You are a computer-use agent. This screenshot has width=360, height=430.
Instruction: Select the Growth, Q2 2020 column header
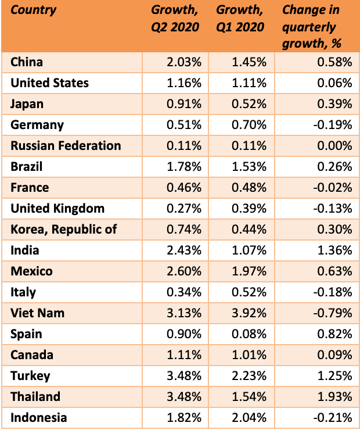[x=175, y=19]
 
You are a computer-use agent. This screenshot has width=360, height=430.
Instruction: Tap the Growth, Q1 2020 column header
[x=240, y=19]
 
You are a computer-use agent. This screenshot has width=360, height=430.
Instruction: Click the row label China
[x=27, y=62]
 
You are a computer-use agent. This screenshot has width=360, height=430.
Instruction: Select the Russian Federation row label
[x=66, y=146]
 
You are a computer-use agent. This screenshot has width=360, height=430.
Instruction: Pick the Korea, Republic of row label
[x=64, y=230]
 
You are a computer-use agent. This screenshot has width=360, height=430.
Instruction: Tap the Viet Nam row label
[x=38, y=313]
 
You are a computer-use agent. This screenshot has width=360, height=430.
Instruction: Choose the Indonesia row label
[x=39, y=418]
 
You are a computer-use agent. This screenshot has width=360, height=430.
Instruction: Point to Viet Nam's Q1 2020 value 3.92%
[x=249, y=313]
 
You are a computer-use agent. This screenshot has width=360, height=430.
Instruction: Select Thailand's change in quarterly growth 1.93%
[x=335, y=397]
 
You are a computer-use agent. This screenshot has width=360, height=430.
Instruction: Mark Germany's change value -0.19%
[x=333, y=125]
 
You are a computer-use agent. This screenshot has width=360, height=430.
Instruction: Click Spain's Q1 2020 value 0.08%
[x=249, y=334]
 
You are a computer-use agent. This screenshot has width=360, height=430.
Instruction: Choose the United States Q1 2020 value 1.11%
[x=249, y=83]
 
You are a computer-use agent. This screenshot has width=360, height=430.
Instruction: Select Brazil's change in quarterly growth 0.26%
[x=335, y=167]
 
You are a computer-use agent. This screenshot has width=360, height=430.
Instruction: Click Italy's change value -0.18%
[x=333, y=292]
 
